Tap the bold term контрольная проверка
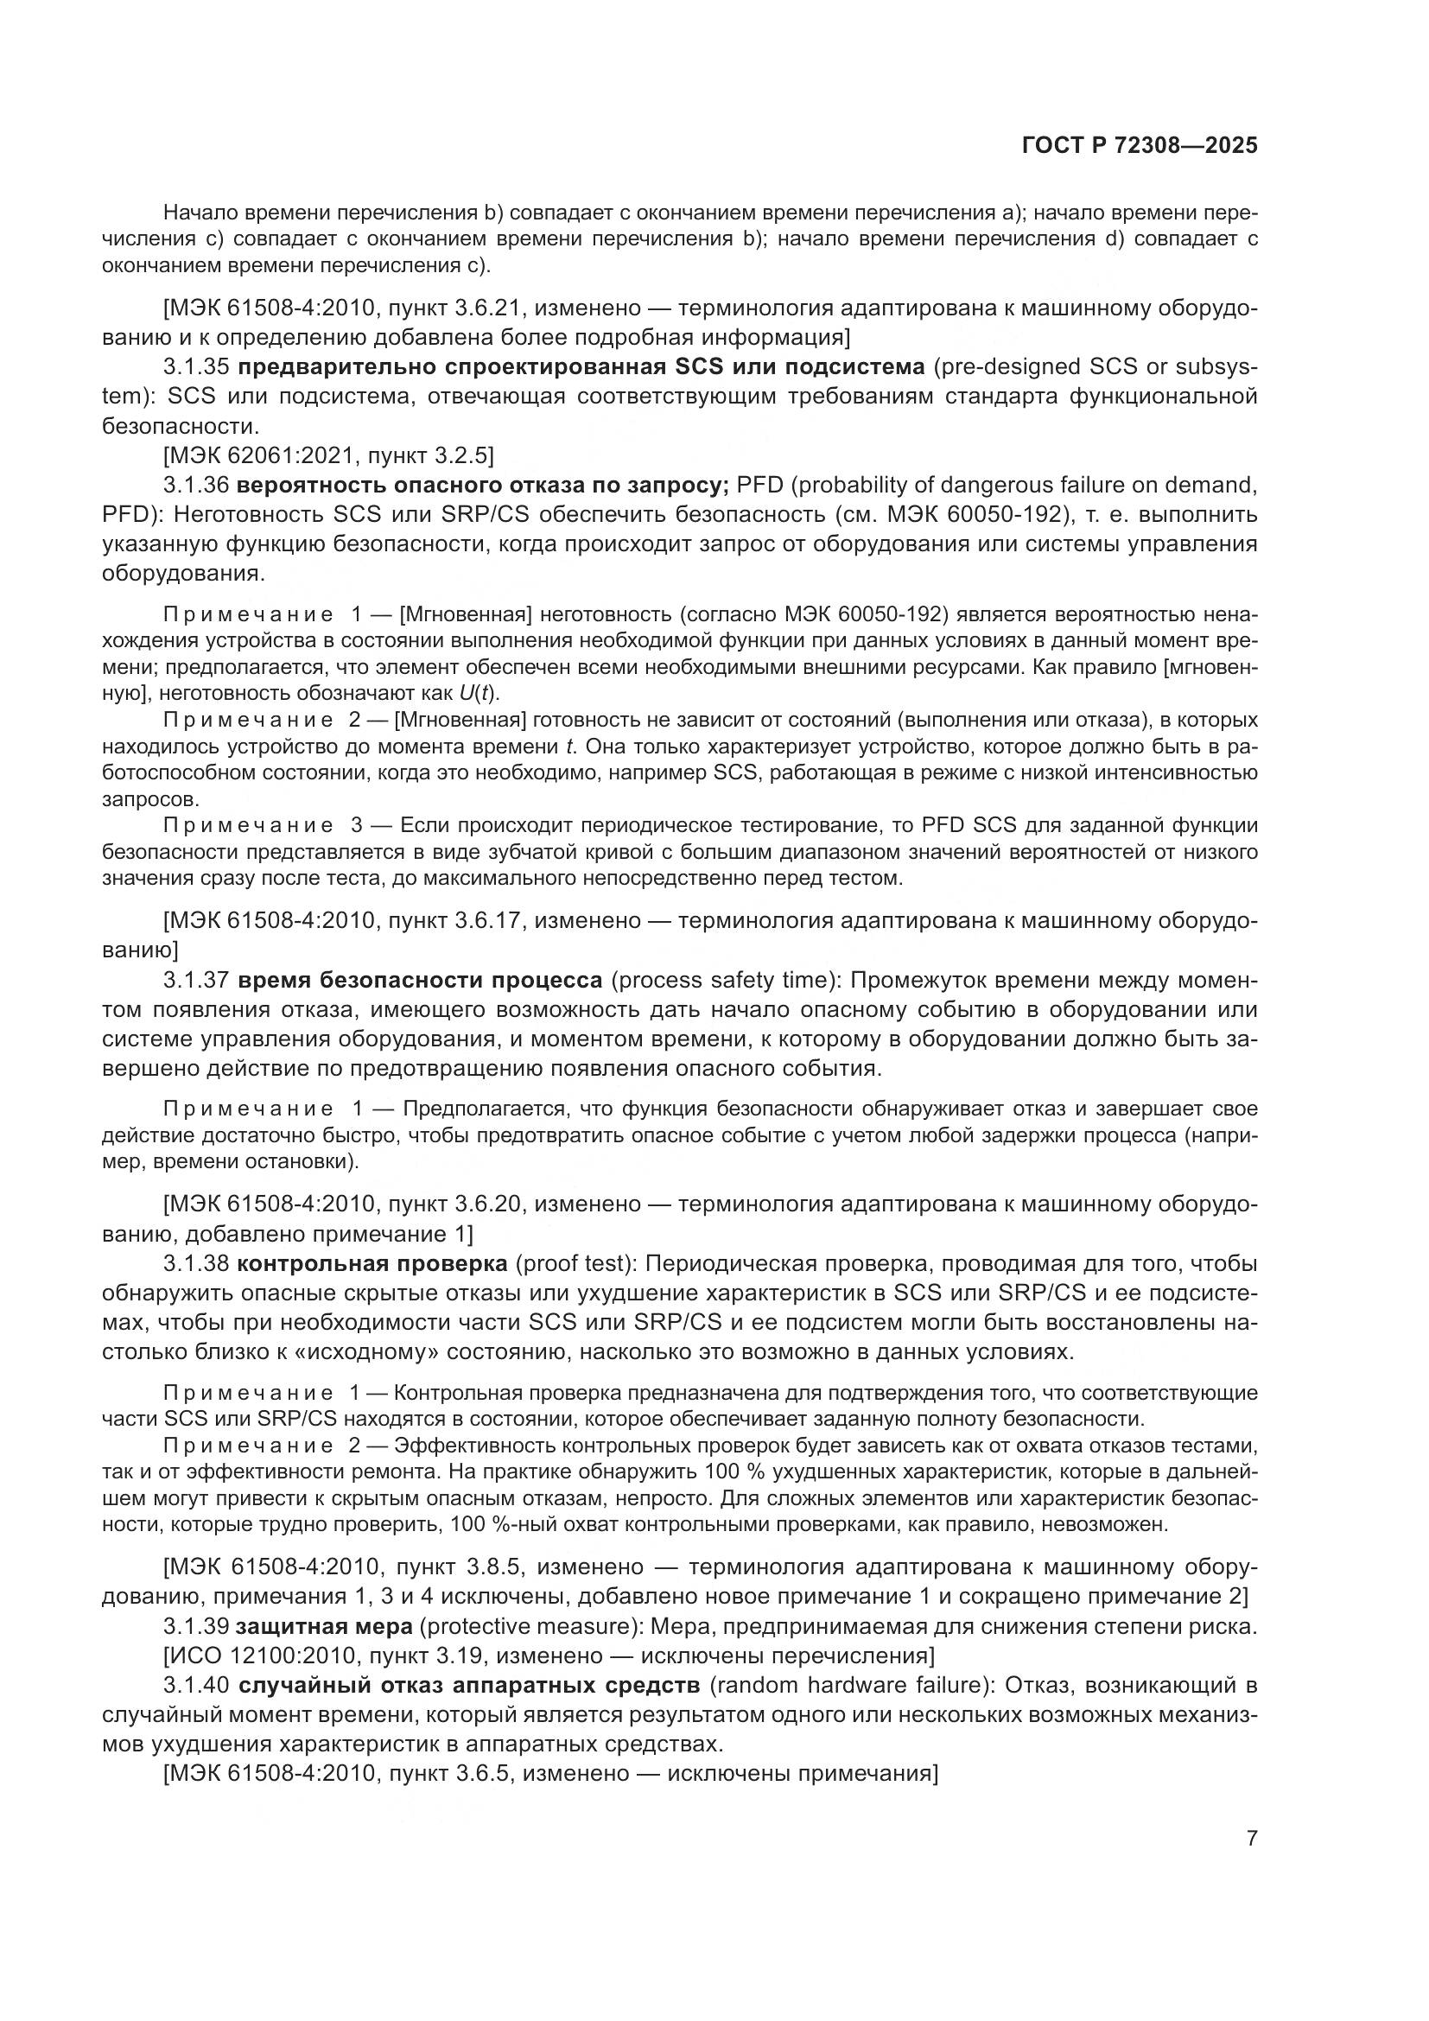tap(372, 1265)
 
